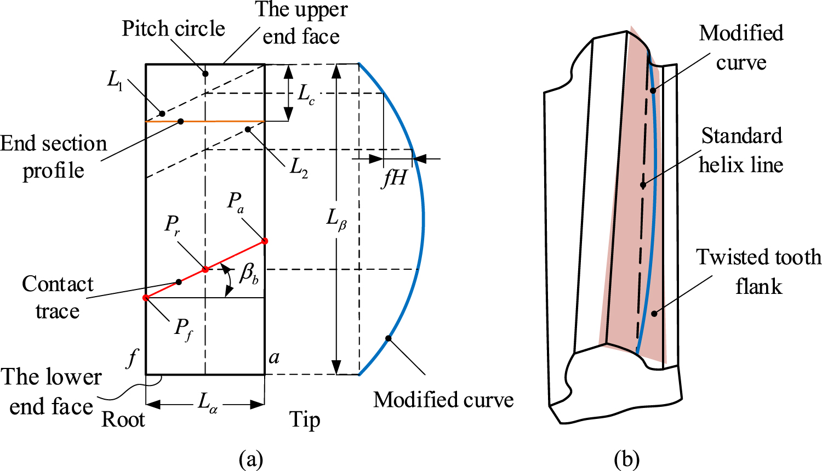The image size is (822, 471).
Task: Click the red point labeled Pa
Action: point(265,241)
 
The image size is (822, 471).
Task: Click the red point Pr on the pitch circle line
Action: point(206,269)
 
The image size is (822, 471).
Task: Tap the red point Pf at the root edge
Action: point(146,298)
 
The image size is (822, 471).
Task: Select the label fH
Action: point(394,178)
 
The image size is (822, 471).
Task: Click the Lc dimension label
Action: point(306,94)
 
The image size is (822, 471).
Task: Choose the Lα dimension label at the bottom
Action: point(207,404)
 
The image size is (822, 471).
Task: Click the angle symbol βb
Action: point(249,273)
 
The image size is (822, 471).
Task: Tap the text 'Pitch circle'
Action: point(173,29)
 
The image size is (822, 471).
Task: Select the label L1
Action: point(115,81)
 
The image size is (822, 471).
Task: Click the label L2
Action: point(299,166)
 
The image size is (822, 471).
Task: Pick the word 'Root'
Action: point(123,419)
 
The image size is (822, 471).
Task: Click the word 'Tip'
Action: point(305,419)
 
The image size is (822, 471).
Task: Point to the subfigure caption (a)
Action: point(252,458)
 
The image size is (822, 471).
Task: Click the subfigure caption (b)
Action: point(627,458)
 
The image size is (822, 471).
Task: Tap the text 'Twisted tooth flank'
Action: point(758,271)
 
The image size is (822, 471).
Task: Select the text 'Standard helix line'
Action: point(741,150)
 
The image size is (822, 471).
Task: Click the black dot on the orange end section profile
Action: point(181,121)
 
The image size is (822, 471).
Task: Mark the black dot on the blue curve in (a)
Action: point(388,338)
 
